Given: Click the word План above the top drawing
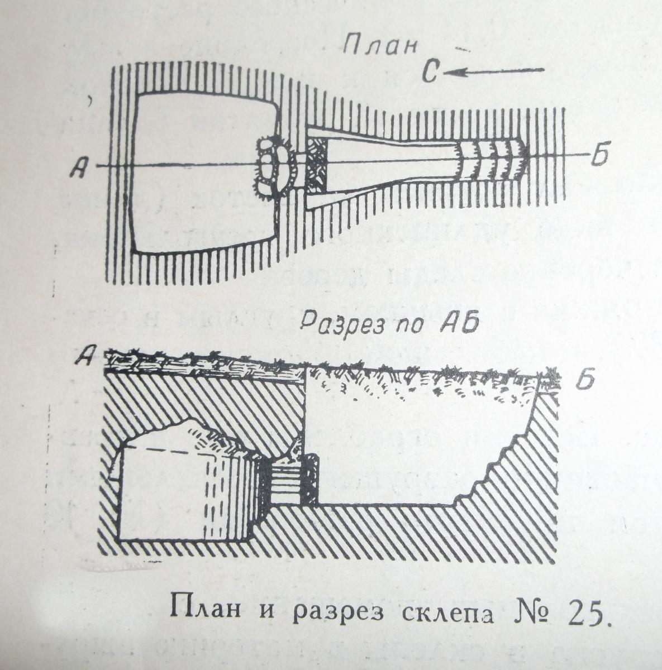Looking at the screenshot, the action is click(380, 45).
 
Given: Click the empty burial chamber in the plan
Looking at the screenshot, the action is click(204, 171).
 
